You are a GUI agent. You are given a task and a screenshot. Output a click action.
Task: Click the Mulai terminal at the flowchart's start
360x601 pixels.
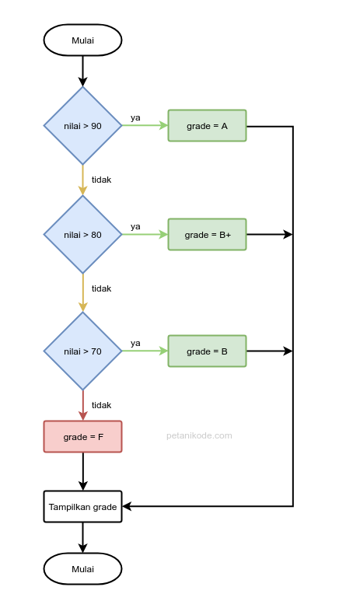tap(82, 40)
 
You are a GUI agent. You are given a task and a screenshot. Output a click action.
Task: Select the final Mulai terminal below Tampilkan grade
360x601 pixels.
tap(82, 569)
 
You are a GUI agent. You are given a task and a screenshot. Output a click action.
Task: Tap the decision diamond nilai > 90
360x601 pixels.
tap(82, 126)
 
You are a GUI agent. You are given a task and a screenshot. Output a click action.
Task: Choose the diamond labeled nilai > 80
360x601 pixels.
tap(82, 235)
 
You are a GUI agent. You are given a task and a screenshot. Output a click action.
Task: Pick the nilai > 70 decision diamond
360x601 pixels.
tap(82, 351)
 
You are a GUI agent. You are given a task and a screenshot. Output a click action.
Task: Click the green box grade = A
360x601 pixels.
tap(207, 126)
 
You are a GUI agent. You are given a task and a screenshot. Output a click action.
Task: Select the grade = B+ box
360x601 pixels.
tap(207, 235)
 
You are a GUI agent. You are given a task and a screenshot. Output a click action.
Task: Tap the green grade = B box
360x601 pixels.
tap(207, 351)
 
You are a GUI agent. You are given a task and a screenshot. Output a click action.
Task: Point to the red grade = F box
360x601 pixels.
tap(82, 437)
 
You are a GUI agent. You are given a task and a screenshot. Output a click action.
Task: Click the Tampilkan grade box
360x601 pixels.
tap(82, 507)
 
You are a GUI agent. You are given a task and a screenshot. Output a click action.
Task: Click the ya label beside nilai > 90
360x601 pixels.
tap(135, 118)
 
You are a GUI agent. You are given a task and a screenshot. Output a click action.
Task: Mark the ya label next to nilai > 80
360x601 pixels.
tap(135, 227)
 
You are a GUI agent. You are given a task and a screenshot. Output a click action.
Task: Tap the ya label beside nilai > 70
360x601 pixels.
tap(135, 344)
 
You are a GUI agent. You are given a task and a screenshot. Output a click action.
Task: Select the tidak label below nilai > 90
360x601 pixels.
tap(101, 180)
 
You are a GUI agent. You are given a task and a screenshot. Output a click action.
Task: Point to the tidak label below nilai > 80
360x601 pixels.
tap(101, 288)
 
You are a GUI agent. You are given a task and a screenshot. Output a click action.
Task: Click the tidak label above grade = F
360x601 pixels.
tap(101, 405)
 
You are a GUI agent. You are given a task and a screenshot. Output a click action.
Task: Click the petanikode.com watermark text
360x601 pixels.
tap(199, 436)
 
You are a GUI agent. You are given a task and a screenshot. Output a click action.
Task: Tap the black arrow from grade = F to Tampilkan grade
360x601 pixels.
tap(82, 471)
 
